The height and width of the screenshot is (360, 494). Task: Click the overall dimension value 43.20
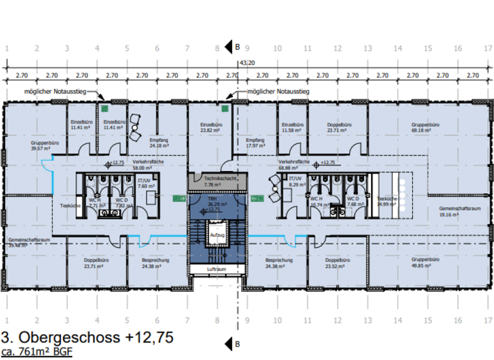246,63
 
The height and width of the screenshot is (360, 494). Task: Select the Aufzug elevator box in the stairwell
216,235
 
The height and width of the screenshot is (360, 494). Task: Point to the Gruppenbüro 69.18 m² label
425,128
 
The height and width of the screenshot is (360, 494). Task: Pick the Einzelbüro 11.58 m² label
293,128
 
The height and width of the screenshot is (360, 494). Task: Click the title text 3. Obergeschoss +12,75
87,336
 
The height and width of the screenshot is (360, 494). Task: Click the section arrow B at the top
230,46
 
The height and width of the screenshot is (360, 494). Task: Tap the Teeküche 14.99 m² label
387,202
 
